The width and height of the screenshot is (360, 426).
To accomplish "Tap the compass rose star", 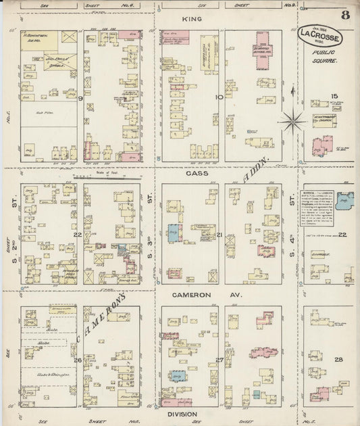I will pos(292,122).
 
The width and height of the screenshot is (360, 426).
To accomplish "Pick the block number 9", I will pos(80,99).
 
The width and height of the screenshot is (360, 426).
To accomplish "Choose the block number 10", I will pos(218,97).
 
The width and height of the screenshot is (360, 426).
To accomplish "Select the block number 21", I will pos(220,235).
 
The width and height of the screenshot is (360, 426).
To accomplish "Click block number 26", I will pos(78,360).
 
